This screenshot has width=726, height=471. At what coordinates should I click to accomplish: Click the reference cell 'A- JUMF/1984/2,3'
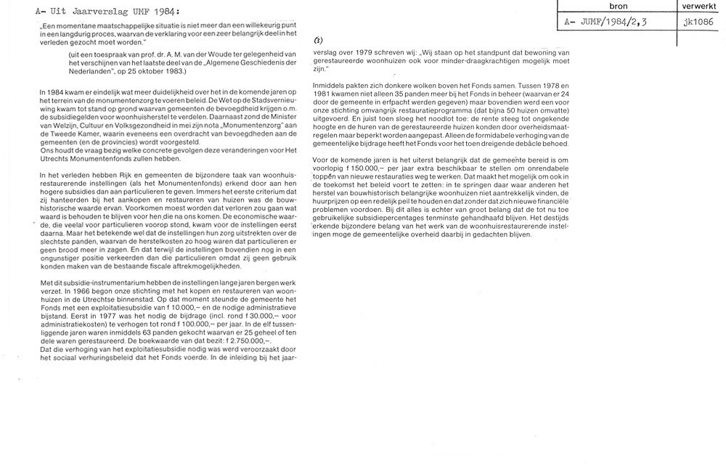click(x=607, y=22)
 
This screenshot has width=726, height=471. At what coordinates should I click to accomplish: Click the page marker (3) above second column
click(x=319, y=41)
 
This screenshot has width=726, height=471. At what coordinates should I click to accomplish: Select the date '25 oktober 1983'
click(x=145, y=72)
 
